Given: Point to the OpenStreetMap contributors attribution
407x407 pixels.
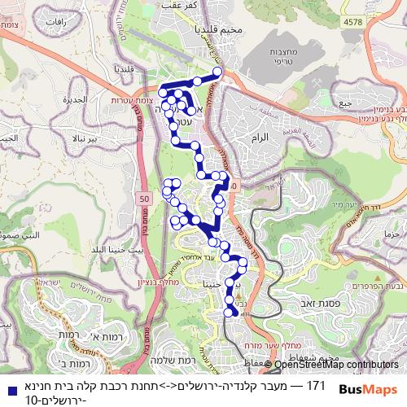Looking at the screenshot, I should [337, 365].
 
